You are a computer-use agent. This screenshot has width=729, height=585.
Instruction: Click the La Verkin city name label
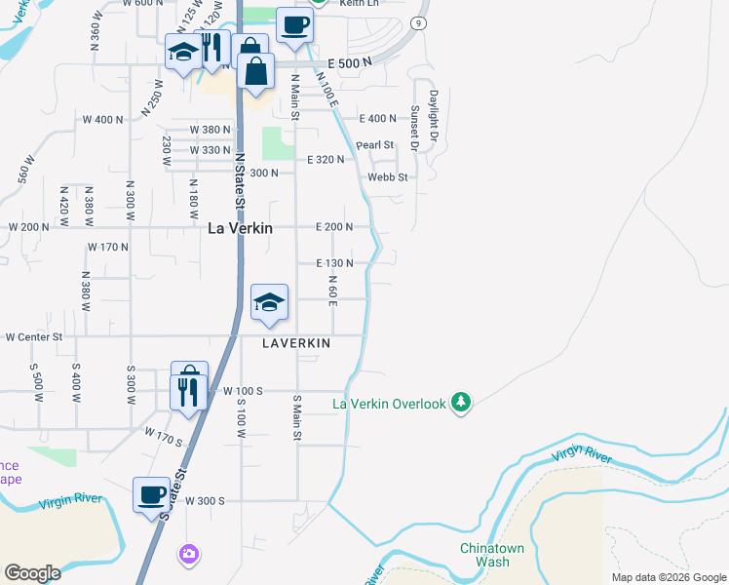tap(240, 228)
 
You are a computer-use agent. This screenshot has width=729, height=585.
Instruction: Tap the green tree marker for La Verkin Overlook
tap(462, 403)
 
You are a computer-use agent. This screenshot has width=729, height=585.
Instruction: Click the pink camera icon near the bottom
tap(188, 555)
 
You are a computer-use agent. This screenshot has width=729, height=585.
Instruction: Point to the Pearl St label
tap(374, 145)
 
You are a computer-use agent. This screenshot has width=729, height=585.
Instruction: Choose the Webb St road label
tap(387, 177)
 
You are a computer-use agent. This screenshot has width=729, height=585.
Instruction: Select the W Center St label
tap(33, 337)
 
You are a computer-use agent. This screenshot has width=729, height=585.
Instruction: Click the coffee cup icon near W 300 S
tap(151, 494)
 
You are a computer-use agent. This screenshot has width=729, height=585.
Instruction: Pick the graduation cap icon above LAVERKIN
tap(269, 301)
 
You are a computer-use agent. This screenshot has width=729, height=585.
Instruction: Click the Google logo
tap(32, 573)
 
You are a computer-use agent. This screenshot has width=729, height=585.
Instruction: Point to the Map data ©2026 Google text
tap(668, 577)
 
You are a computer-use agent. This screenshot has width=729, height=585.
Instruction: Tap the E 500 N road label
tap(350, 62)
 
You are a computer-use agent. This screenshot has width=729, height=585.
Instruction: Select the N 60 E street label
tap(332, 291)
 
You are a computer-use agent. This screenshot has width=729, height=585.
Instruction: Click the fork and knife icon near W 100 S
tap(188, 392)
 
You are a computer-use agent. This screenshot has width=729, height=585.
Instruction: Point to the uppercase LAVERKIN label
tap(296, 343)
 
